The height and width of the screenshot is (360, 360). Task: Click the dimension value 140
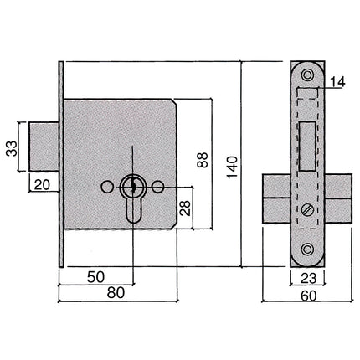coord(232,167)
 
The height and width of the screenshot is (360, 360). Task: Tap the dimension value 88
coord(203,160)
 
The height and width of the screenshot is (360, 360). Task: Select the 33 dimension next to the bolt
coord(12,149)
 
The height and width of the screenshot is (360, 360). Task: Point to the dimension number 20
coord(42,185)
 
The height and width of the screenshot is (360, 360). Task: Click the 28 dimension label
coord(185,208)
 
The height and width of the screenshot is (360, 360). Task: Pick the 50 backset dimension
coord(95,277)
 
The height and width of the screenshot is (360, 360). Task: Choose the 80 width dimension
coord(116,293)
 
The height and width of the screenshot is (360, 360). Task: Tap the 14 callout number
coord(337,82)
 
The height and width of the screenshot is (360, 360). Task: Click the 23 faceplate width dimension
coord(309,278)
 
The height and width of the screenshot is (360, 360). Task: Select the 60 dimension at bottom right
coord(309,296)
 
